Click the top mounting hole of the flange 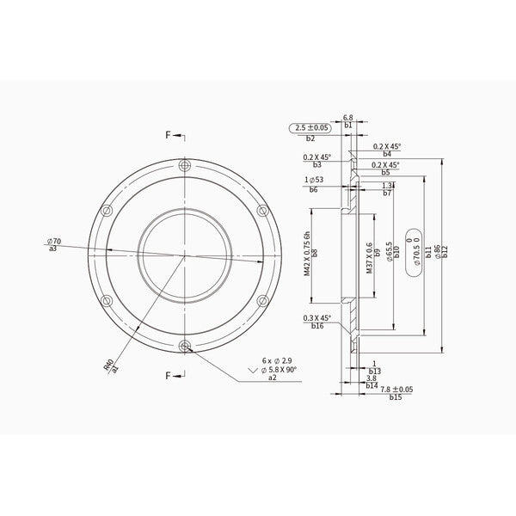[x=183, y=166]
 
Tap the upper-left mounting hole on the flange [x=106, y=211]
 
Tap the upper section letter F [x=169, y=136]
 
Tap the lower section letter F [x=169, y=376]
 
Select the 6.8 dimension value [x=348, y=117]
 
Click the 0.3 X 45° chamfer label [x=317, y=318]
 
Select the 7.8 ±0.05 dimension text [x=396, y=390]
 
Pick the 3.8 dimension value [x=372, y=378]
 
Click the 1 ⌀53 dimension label [x=314, y=179]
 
